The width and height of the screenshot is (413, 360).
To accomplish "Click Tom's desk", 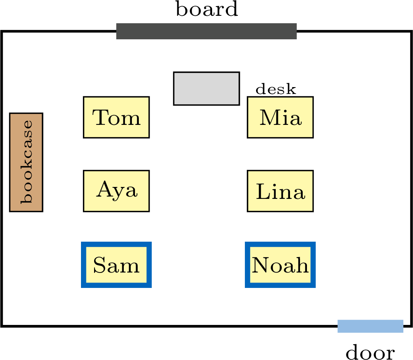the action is coord(116,117).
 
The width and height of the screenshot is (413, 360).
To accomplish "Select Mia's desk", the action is coord(280,117).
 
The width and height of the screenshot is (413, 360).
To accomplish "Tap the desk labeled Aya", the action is coord(116,191).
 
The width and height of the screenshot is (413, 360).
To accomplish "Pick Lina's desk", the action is coord(280,191).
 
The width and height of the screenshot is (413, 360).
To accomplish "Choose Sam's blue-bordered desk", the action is coord(116,265).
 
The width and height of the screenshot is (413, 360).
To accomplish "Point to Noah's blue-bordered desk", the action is coord(280,265).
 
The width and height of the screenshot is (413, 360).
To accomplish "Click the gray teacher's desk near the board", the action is coord(207,89).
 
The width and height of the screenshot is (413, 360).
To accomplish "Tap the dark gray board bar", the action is coord(207,31).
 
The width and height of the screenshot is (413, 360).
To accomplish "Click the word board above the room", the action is coord(207,9).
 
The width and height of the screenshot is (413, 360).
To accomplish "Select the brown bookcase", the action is coord(26,162).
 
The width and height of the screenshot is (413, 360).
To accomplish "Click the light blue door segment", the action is coord(370,326).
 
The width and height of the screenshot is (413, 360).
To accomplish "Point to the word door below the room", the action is coord(370,352).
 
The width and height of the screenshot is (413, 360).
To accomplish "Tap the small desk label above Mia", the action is coord(276,89).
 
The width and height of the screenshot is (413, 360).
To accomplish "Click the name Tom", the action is coord(116,118).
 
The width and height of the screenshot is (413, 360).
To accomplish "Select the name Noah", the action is coord(280,265).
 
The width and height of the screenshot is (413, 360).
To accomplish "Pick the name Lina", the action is coord(281,192).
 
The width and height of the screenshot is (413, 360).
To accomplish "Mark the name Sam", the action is coord(116,265).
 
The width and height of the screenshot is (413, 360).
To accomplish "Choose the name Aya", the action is coord(117,190).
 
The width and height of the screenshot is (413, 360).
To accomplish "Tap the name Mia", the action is coord(280,118).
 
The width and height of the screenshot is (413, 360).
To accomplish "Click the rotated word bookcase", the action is coord(27,162).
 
